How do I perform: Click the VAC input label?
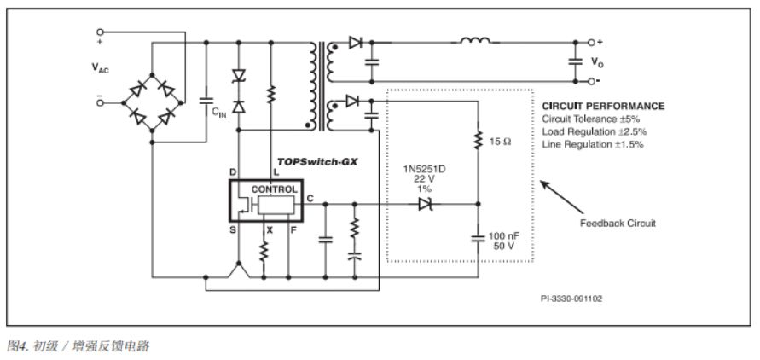(101, 69)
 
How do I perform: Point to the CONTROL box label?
(274, 189)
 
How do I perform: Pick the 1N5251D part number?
(423, 169)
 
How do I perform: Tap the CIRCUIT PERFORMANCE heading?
(603, 107)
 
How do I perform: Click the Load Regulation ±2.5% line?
(593, 131)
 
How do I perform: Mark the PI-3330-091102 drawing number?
(572, 299)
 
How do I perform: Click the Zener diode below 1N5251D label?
(425, 205)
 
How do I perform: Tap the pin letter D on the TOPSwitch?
(232, 172)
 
